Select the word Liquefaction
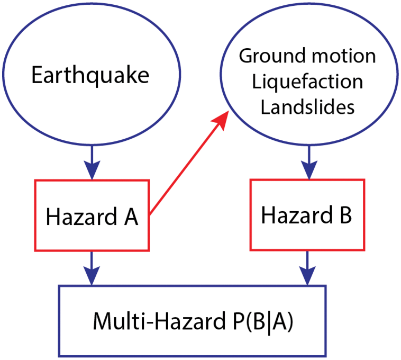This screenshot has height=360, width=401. [x=307, y=82]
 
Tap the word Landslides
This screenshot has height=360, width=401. [x=307, y=107]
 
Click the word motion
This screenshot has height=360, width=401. [x=344, y=56]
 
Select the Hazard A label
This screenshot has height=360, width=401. [x=92, y=217]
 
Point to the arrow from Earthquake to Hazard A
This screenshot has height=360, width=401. [x=92, y=162]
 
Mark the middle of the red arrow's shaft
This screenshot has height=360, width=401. [x=188, y=167]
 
